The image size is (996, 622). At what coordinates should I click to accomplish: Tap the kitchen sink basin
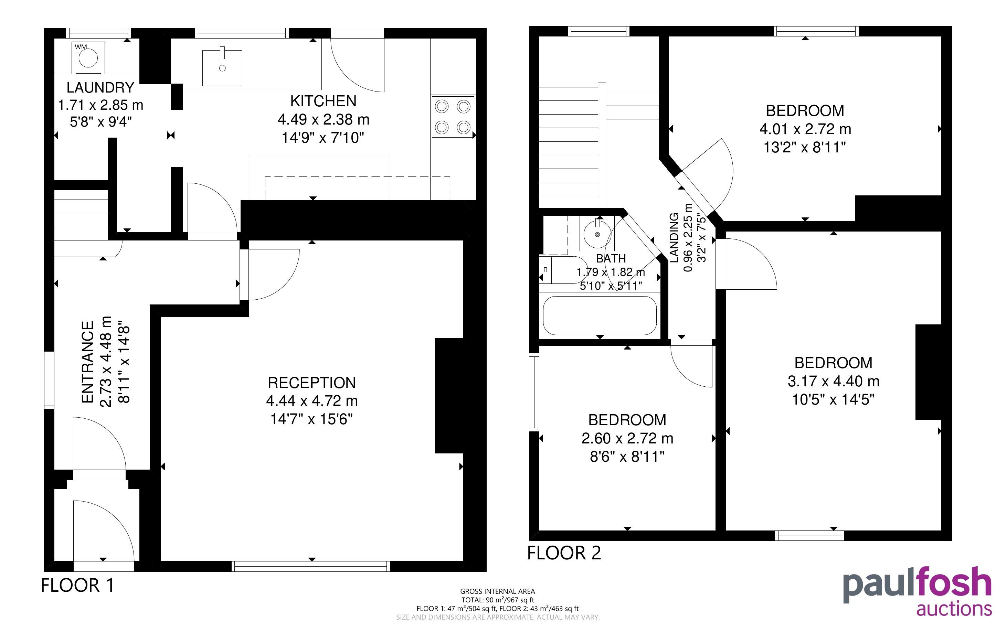[222, 67]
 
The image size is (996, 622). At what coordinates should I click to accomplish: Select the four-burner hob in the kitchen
[453, 117]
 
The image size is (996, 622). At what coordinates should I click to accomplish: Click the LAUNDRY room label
[100, 88]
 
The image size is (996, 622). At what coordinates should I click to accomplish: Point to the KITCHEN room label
[324, 101]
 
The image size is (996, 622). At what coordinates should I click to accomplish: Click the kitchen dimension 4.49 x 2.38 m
[324, 120]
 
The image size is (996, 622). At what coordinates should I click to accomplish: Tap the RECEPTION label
[312, 383]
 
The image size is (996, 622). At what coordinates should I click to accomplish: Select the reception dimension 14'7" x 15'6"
[312, 419]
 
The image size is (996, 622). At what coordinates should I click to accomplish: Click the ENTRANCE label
[88, 362]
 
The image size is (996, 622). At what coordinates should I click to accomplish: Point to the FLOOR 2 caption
[564, 553]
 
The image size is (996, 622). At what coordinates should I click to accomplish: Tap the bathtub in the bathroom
[600, 315]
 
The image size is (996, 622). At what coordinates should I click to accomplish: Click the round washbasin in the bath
[597, 234]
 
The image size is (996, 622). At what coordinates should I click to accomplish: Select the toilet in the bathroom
[564, 270]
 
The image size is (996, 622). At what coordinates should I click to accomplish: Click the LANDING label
[674, 238]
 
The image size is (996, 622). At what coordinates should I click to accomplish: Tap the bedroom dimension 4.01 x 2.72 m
[805, 129]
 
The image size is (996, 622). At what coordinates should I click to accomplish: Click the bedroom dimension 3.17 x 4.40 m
[834, 381]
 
